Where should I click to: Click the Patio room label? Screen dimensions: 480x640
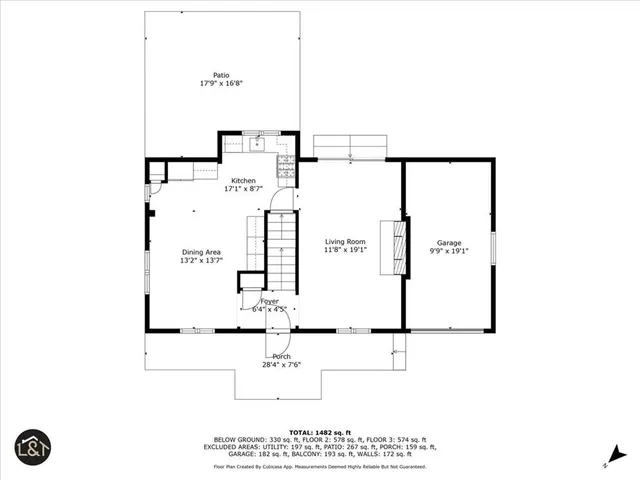tap(221, 75)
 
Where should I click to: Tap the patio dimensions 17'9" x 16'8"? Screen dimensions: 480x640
tap(221, 84)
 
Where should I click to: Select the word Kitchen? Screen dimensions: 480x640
tap(230, 181)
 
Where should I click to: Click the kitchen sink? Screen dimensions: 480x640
tap(257, 143)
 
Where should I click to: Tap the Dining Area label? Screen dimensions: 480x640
tap(201, 252)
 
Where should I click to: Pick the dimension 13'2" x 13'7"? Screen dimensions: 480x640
tap(201, 261)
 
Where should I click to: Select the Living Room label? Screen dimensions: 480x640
tap(345, 242)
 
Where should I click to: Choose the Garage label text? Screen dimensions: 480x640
tap(449, 243)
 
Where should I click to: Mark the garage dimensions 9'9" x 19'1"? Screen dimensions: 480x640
tap(449, 252)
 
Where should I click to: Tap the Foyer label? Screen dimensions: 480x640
tap(270, 301)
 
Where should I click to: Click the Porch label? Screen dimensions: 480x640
tap(282, 357)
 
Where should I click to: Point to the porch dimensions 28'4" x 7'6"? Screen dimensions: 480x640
tap(282, 366)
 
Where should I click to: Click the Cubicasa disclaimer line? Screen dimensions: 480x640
tap(319, 466)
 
